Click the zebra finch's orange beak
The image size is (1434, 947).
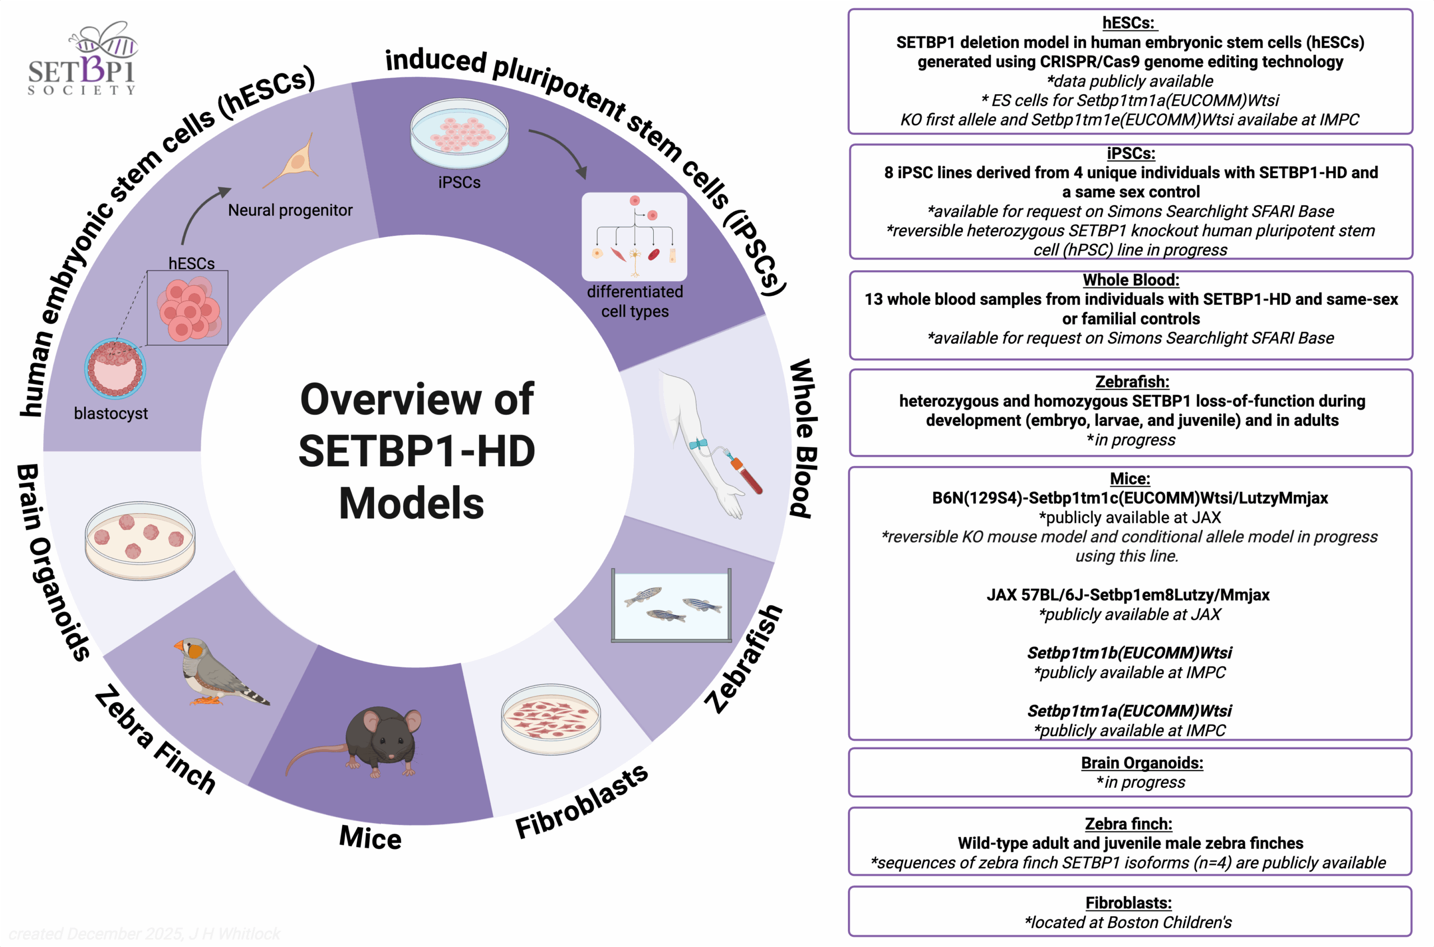click(179, 646)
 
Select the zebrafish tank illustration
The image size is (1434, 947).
click(671, 605)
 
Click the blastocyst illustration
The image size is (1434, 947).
click(115, 368)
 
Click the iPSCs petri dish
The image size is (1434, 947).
click(459, 133)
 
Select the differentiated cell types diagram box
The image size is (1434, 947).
click(634, 236)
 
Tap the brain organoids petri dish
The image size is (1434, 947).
click(140, 540)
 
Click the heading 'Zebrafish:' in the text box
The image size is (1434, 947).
click(1132, 382)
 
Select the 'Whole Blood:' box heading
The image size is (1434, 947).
click(1130, 280)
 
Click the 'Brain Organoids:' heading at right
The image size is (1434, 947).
click(1141, 763)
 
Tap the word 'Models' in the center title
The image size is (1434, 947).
click(411, 503)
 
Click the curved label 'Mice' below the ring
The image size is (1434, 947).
click(370, 838)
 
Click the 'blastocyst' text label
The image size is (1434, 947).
click(110, 414)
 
